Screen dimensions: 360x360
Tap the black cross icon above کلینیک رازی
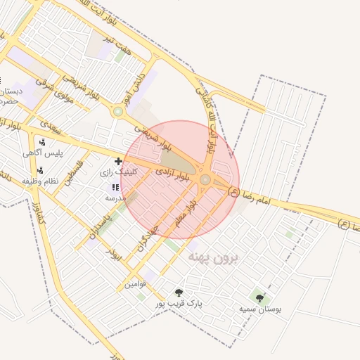coord(117,162)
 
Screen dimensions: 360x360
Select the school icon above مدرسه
coord(115,187)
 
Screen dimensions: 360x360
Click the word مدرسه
coord(115,198)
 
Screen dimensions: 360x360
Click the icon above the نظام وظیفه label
coord(40,170)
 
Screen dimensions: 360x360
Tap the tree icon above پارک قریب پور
coord(179,292)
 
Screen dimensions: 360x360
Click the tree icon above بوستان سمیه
coord(260,298)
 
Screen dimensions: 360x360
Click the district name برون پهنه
coord(213,258)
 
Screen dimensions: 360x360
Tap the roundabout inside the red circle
coord(205,180)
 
